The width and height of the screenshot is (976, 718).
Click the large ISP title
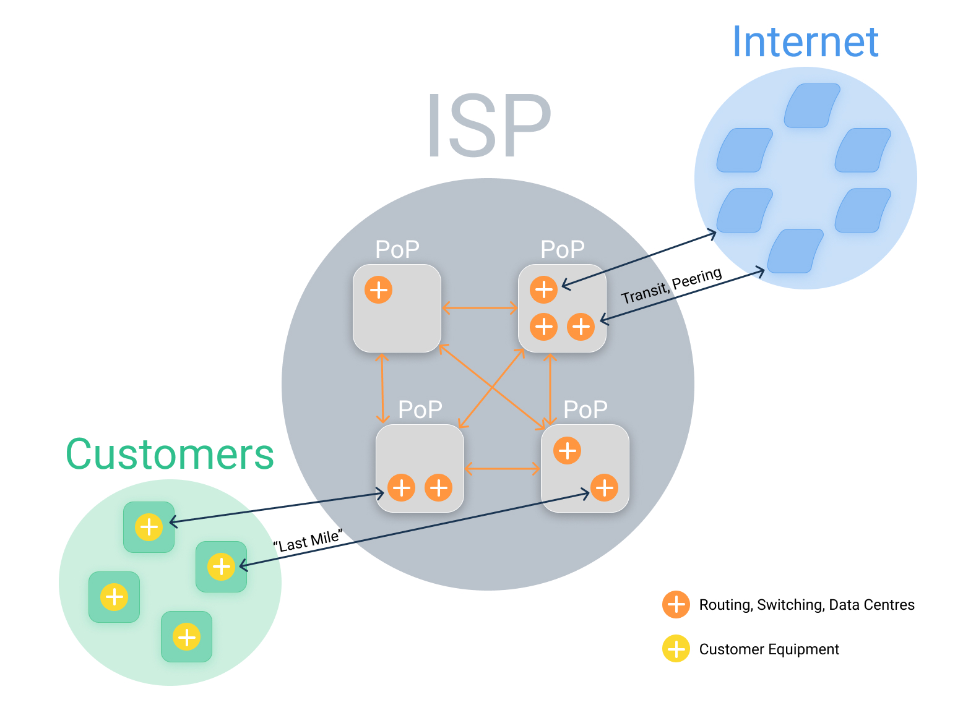tap(488, 126)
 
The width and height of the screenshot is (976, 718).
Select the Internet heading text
tap(805, 42)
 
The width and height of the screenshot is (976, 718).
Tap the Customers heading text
tap(170, 454)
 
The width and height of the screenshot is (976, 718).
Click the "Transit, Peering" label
tap(672, 286)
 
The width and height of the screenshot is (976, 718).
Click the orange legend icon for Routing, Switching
tap(676, 604)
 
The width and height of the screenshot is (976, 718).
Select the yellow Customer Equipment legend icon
tap(676, 649)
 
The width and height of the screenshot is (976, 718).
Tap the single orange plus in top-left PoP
tap(378, 289)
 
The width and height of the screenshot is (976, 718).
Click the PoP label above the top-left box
tap(397, 249)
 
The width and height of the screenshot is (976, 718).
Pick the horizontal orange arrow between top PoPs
tap(480, 307)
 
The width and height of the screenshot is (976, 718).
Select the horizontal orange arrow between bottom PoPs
tap(502, 469)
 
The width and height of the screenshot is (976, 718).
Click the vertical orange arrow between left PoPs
tap(382, 388)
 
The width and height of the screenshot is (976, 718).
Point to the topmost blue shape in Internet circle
tap(811, 106)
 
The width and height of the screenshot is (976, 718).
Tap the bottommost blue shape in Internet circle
tap(795, 251)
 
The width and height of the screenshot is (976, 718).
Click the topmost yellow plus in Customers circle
tap(149, 527)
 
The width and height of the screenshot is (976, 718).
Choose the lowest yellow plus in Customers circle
tap(186, 636)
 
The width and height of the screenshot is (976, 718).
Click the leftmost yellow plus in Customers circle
tap(114, 597)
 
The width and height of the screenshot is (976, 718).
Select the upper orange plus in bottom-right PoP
tap(567, 450)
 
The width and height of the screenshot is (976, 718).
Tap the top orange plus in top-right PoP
tap(543, 289)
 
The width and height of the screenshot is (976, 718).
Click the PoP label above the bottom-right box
tap(585, 409)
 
